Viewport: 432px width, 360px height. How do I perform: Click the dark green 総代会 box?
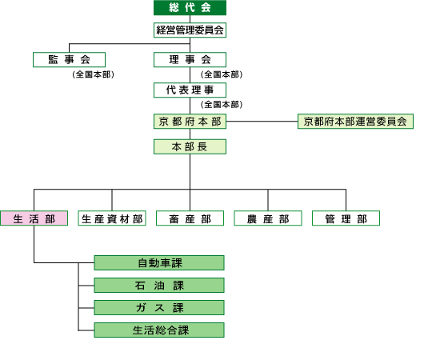190,8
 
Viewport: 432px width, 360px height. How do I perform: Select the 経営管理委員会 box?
190,30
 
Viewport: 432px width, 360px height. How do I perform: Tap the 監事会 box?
69,59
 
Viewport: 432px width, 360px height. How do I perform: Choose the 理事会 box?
190,59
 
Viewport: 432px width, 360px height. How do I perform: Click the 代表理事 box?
190,90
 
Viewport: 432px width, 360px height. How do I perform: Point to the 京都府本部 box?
190,121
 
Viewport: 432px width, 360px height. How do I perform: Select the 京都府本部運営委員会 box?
355,121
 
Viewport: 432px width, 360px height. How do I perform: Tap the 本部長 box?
190,147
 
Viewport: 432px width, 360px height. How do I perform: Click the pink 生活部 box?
34,218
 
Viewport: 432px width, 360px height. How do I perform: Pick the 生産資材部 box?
112,218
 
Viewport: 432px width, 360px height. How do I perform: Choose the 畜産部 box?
190,218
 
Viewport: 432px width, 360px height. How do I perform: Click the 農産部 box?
268,218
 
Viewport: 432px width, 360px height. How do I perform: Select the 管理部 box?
346,218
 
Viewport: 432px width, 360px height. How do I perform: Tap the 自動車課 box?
159,262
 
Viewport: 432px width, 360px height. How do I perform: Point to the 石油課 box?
159,286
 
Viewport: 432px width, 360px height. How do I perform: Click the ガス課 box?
159,308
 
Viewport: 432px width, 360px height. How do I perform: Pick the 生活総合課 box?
159,330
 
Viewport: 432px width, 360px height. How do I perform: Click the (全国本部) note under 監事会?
93,74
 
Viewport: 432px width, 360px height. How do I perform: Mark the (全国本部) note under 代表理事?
222,104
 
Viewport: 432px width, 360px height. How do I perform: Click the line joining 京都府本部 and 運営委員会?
262,121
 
